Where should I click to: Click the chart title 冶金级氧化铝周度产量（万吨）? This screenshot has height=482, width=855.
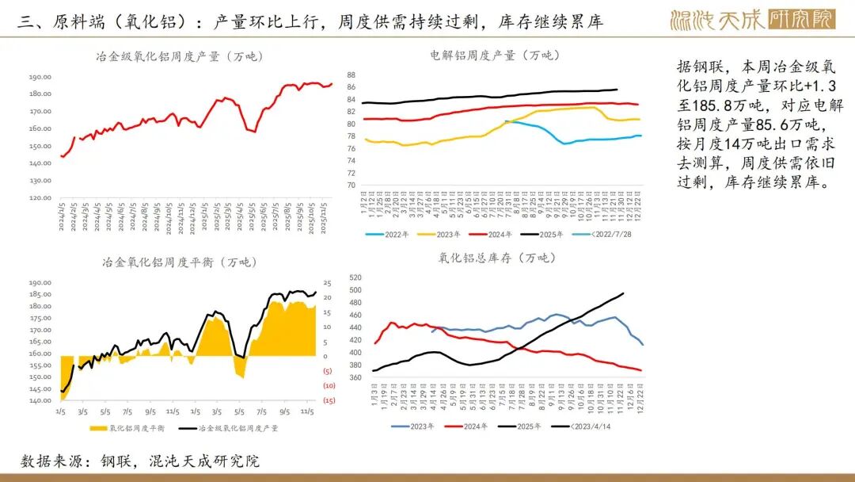(179, 56)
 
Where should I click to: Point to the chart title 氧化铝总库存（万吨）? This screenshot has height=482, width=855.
(497, 258)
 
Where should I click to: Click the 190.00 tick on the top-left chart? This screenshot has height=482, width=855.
(40, 77)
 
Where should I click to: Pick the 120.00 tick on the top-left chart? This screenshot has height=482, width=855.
(40, 197)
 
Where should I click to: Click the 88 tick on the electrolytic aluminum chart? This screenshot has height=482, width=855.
(351, 75)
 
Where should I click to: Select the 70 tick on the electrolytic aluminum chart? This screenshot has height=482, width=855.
(351, 186)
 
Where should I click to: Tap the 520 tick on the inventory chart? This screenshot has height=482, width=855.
(354, 277)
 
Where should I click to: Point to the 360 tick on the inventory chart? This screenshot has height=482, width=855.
(354, 377)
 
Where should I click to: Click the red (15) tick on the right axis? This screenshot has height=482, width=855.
(328, 400)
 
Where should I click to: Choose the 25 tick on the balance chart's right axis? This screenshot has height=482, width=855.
(327, 283)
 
